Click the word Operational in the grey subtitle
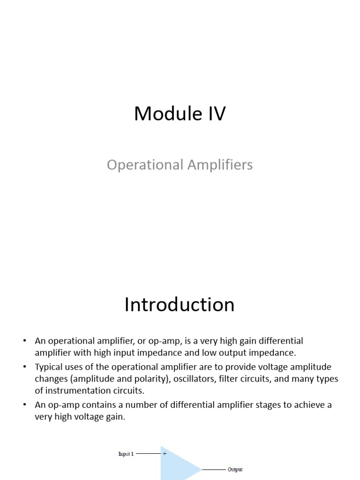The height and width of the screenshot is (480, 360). pos(144,165)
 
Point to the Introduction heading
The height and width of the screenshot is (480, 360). pos(180,305)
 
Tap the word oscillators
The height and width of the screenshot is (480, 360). pos(192,379)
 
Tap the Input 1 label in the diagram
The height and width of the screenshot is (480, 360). pos(126,454)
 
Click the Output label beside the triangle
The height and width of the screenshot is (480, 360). pos(235,469)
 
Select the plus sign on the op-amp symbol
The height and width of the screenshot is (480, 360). pos(165,454)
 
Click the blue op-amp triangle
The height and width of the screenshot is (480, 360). pos(176,466)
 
